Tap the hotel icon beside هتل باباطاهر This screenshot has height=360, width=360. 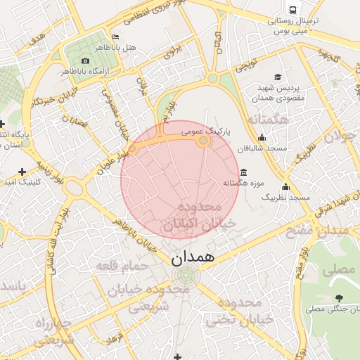coord(115,37)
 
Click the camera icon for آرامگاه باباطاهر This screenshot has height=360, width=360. coord(86,60)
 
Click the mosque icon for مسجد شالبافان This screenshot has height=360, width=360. coord(262,137)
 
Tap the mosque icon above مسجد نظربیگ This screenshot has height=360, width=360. coord(285,186)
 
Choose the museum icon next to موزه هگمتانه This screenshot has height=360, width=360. coord(243,172)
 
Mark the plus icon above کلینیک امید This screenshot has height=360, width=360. coord(23,171)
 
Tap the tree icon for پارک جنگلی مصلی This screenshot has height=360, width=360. coord(340,298)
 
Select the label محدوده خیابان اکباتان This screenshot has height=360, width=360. coord(192,217)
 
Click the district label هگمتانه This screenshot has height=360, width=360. coord(264,120)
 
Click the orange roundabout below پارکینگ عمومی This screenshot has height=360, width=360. coord(203,141)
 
